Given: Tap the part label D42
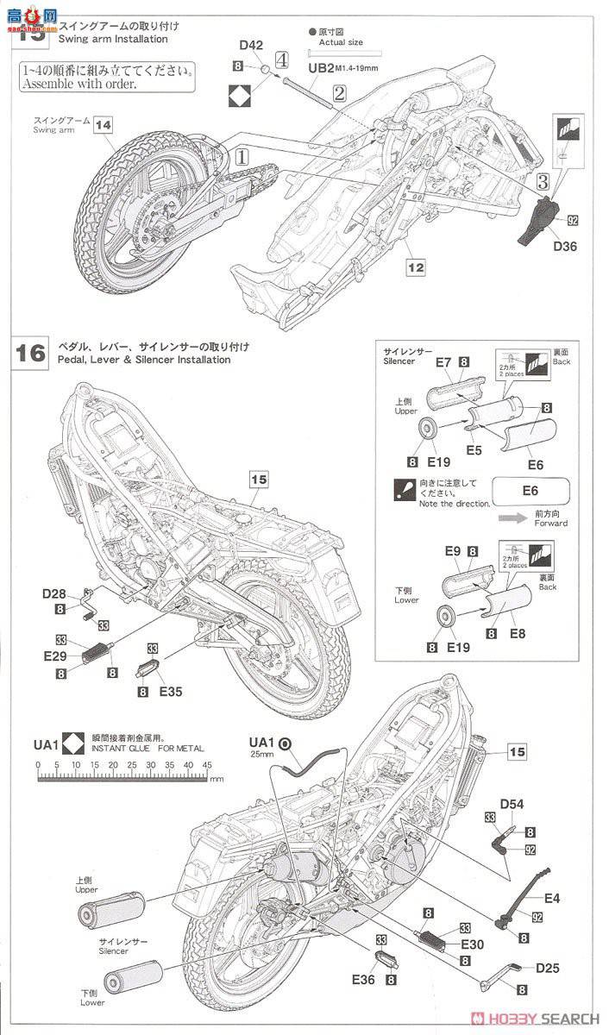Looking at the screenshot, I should point(251,45).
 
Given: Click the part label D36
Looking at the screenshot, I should point(566,247).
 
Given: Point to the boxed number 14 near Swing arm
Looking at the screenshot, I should point(104,124).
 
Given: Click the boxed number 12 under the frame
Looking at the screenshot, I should point(416,268).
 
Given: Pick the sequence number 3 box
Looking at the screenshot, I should point(542,181).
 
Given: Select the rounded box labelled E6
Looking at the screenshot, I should point(531,490).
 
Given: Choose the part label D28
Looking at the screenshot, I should point(55,593).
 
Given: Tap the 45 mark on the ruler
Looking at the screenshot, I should point(207,764).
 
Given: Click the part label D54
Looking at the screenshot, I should point(512,804).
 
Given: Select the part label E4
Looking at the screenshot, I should point(552,899).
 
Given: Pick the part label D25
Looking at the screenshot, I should point(547,968).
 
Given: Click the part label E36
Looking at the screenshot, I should point(364,979).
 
